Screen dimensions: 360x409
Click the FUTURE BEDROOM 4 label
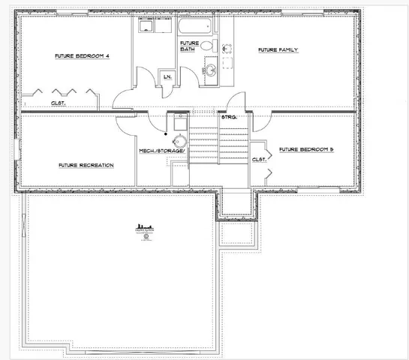tap(83, 56)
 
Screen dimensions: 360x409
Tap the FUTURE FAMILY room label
tap(278, 50)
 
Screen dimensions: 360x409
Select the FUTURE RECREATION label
tap(86, 164)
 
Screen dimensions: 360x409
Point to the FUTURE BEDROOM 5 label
tap(305, 150)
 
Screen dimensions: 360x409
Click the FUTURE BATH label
tap(189, 46)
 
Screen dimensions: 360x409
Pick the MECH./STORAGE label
tap(161, 151)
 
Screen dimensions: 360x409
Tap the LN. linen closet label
tap(167, 76)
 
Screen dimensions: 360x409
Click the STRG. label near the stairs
tap(229, 118)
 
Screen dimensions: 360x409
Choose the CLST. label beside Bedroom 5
tap(260, 159)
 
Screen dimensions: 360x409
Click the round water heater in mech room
tap(179, 142)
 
